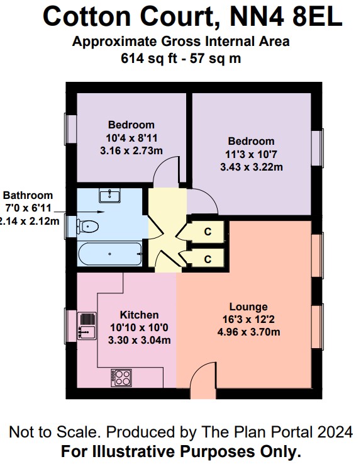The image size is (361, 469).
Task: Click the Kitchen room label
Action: click(139, 315)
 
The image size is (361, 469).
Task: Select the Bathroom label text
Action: click(28, 196)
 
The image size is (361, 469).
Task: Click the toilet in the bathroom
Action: click(88, 225)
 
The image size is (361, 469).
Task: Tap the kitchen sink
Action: click(86, 324)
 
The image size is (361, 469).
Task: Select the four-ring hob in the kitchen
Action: click(122, 378)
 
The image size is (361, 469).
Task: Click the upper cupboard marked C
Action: click(207, 231)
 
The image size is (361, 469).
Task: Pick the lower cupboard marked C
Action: click(207, 259)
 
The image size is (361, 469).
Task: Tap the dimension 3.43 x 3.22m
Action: click(251, 167)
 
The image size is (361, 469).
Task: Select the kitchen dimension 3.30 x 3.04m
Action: click(139, 340)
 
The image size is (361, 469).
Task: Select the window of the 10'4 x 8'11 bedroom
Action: click(69, 128)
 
